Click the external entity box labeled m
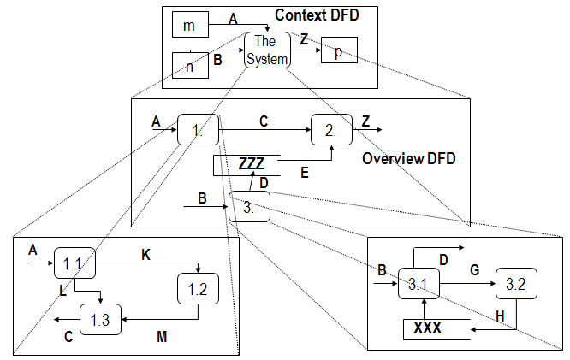pyautogui.click(x=190, y=26)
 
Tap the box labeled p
pyautogui.click(x=339, y=51)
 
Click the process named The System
pyautogui.click(x=267, y=50)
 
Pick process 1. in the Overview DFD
pyautogui.click(x=198, y=130)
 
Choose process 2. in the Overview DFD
pyautogui.click(x=331, y=130)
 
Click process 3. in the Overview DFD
pyautogui.click(x=250, y=206)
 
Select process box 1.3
pyautogui.click(x=100, y=319)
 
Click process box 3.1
pyautogui.click(x=418, y=283)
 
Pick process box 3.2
pyautogui.click(x=516, y=283)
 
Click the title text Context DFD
pyautogui.click(x=317, y=15)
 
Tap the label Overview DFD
pyautogui.click(x=409, y=159)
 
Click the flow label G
pyautogui.click(x=473, y=269)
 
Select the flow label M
pyautogui.click(x=162, y=338)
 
